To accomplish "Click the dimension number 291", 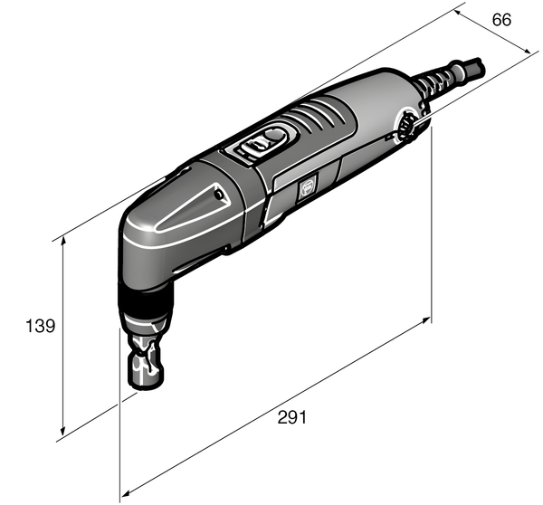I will pos(291,417).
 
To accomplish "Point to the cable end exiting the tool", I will pos(476,65).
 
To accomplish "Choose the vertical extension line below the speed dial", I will pos(431,226).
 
